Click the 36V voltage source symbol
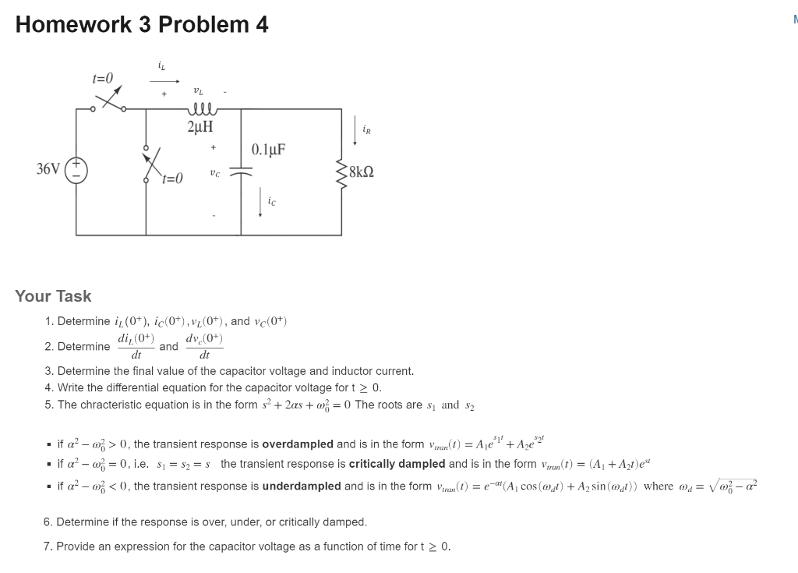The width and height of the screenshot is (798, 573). click(x=77, y=168)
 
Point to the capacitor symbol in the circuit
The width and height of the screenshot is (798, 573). click(x=241, y=175)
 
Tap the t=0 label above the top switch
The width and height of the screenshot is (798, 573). click(x=103, y=78)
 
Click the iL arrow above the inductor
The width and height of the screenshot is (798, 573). click(x=168, y=80)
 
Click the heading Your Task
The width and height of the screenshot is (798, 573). click(x=53, y=296)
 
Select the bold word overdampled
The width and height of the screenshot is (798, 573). click(x=298, y=444)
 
